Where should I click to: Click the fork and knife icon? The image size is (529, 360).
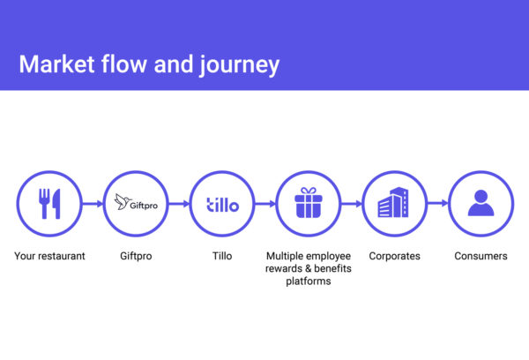(x=49, y=204)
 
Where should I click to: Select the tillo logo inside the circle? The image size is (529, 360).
(x=222, y=205)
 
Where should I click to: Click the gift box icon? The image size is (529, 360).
(x=309, y=203)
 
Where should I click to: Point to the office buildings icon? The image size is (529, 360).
(x=393, y=202)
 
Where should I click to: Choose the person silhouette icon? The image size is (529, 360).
(x=481, y=203)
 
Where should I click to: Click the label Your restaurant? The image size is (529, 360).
(x=49, y=256)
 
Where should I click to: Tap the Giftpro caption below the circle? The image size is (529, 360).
(x=136, y=256)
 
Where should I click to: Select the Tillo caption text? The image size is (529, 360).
(x=222, y=256)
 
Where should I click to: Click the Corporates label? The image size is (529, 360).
(x=394, y=256)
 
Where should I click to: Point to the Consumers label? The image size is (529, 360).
(x=481, y=256)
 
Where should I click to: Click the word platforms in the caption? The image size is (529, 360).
(x=309, y=281)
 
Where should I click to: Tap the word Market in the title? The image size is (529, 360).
(x=56, y=64)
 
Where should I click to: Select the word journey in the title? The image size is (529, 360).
(x=240, y=64)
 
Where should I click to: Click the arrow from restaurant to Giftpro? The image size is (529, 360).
(x=93, y=204)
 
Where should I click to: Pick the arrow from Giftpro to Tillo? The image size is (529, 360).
(x=179, y=204)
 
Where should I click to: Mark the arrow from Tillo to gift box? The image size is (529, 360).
(x=265, y=204)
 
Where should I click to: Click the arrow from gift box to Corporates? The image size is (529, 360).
(x=352, y=204)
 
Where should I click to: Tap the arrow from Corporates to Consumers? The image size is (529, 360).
(x=438, y=203)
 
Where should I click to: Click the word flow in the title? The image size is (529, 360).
(x=123, y=64)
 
